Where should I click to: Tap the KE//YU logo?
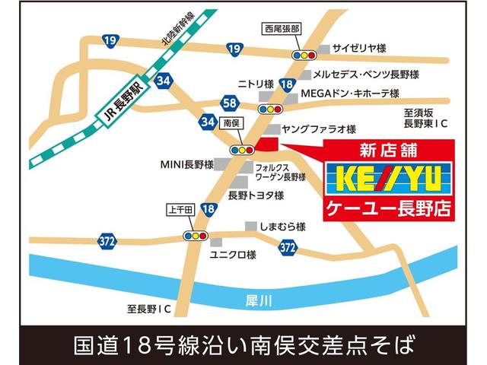click(x=388, y=181)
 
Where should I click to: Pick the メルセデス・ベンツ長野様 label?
click(x=363, y=75)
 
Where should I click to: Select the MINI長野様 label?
click(x=186, y=163)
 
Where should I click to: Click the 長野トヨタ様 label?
click(x=256, y=195)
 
